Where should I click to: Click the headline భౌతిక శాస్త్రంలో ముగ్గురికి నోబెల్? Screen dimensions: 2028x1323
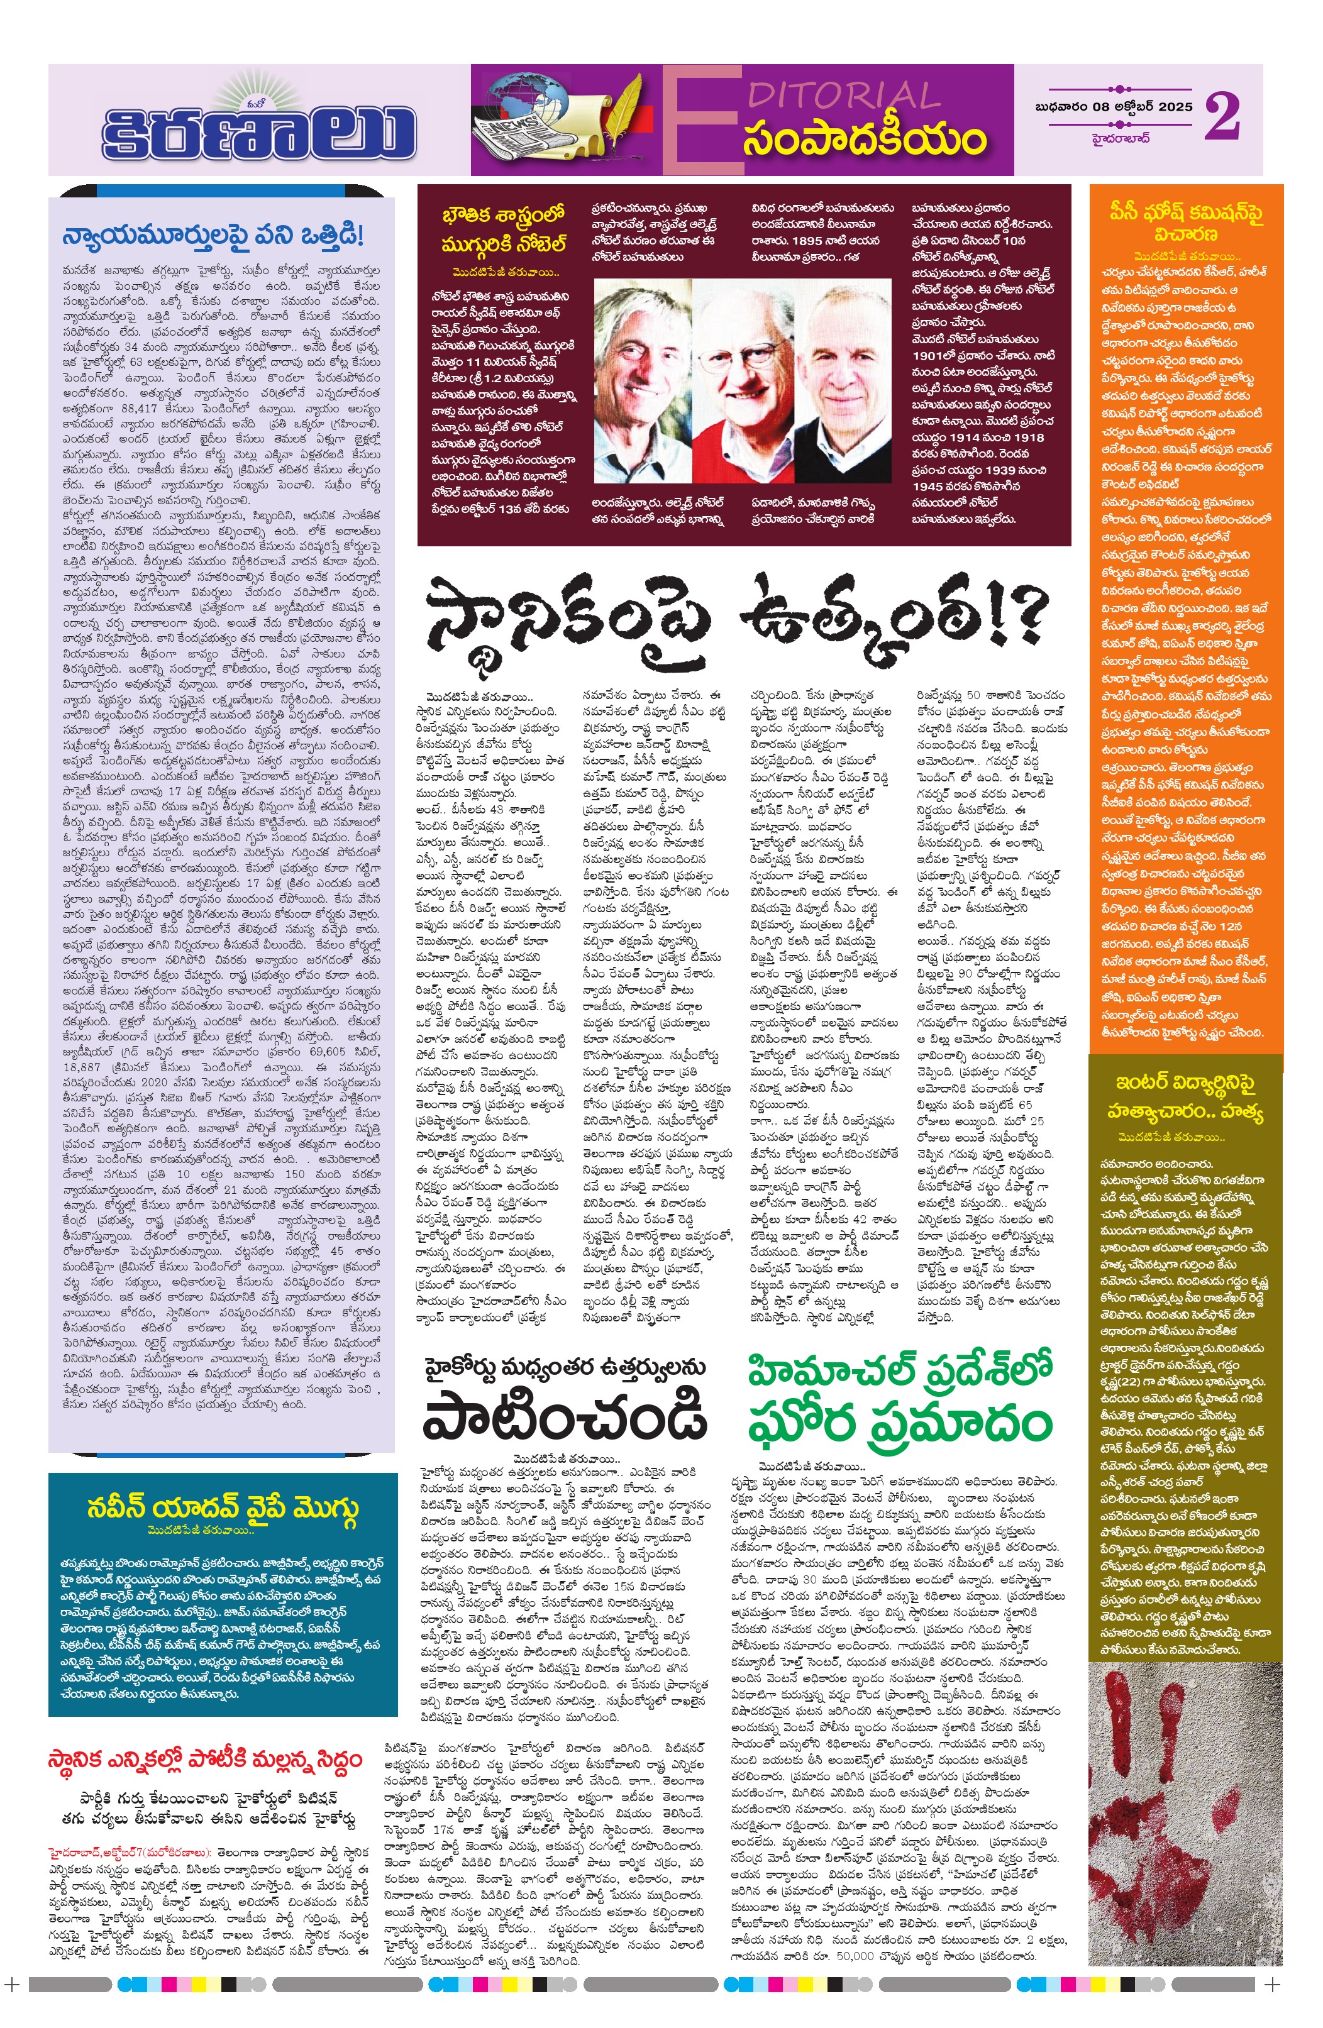tap(503, 229)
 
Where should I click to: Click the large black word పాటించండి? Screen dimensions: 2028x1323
tap(564, 1413)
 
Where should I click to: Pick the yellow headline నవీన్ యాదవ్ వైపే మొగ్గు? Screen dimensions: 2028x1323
tap(223, 1506)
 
